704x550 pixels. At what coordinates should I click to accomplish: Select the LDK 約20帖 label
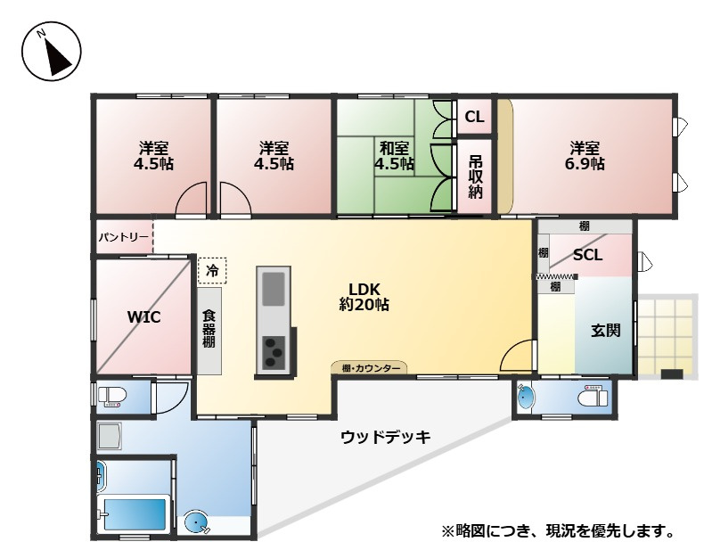click(x=364, y=297)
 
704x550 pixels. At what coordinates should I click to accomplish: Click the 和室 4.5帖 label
click(x=393, y=156)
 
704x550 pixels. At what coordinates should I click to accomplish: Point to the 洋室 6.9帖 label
click(x=585, y=156)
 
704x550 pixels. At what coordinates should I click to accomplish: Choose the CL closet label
click(x=474, y=117)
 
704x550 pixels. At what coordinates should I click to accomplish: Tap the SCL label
click(x=587, y=255)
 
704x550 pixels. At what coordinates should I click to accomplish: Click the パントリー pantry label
click(x=122, y=238)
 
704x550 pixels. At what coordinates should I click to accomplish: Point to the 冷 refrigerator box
click(x=212, y=269)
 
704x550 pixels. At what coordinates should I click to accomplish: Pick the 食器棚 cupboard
click(x=209, y=330)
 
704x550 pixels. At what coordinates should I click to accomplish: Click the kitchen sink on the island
click(x=273, y=288)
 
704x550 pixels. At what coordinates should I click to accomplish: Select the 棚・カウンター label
click(x=370, y=367)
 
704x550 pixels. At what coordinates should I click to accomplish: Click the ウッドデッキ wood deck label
click(x=385, y=437)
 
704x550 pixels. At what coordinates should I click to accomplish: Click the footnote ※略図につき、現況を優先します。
click(x=556, y=532)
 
